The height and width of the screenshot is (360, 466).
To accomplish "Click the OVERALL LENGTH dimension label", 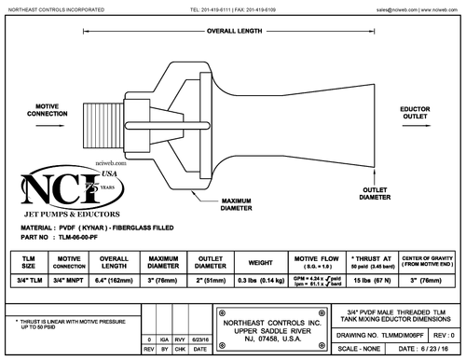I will (233, 30).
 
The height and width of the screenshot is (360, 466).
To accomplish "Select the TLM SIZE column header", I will (30, 261).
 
